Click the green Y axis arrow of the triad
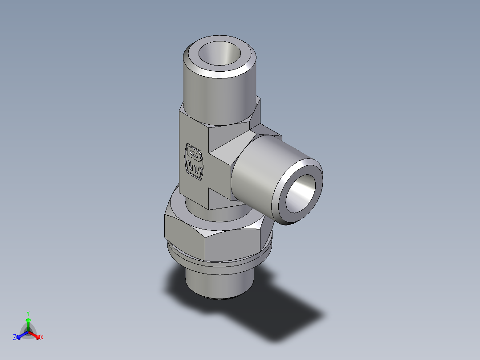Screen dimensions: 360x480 click(x=28, y=321)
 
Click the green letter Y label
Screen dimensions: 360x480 click(x=28, y=313)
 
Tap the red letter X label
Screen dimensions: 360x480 click(x=42, y=338)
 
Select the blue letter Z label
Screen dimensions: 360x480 click(x=15, y=338)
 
